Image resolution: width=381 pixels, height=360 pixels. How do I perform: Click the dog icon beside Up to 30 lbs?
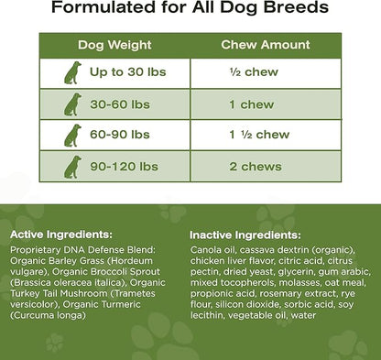pyautogui.click(x=73, y=73)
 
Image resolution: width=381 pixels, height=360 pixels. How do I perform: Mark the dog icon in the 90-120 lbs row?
pyautogui.click(x=73, y=166)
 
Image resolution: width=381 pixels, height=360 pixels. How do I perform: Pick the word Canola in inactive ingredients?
pyautogui.click(x=210, y=248)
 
